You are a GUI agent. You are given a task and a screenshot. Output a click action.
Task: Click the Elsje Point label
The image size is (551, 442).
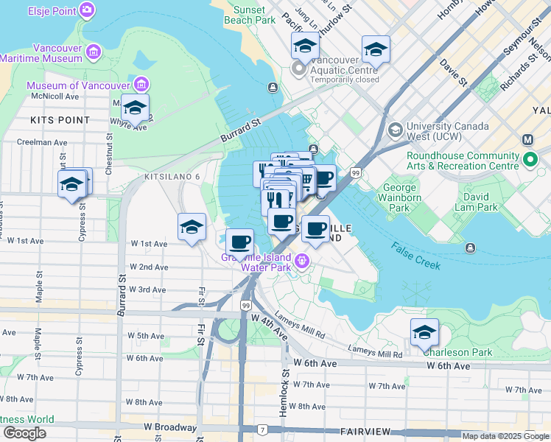[x=52, y=10]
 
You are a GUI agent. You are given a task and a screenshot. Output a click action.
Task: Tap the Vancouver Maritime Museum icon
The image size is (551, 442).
[x=94, y=52]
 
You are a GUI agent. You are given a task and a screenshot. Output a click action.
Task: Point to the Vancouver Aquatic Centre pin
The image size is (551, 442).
[x=299, y=70]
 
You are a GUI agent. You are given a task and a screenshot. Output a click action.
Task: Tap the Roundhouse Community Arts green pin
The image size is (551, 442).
[x=530, y=160]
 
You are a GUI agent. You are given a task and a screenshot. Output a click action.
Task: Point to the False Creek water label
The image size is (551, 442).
[x=415, y=256]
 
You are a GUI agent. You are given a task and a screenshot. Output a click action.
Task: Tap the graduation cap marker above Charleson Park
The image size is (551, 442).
[x=424, y=333]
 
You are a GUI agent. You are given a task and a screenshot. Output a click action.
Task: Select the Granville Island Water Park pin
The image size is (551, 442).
[x=301, y=262]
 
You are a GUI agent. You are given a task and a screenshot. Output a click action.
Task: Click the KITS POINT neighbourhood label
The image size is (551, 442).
[x=60, y=119]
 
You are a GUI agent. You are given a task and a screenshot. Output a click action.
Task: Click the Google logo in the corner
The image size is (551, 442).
[x=24, y=433]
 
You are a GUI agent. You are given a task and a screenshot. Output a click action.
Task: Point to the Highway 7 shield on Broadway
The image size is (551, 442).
[x=262, y=429]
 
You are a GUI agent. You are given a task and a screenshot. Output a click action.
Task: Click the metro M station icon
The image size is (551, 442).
[x=528, y=140]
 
